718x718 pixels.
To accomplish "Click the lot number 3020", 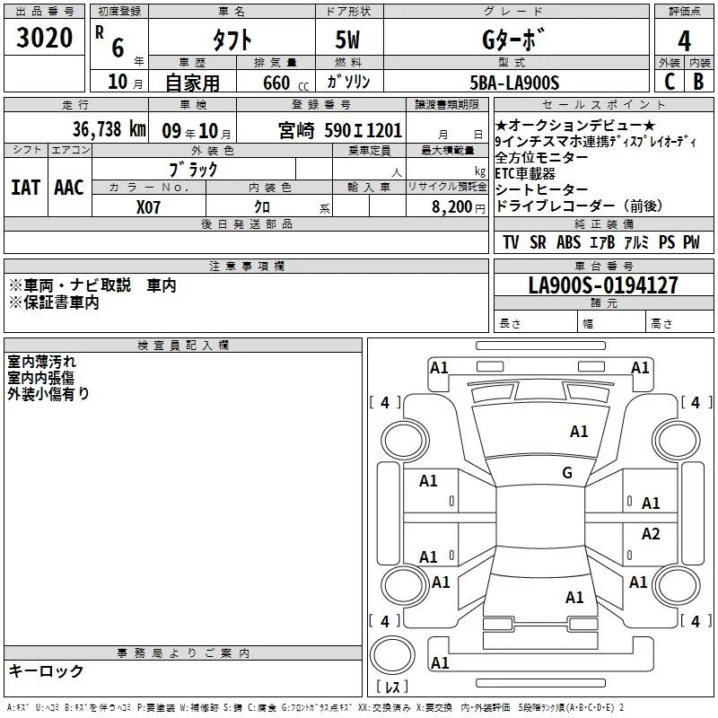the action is tap(45, 39).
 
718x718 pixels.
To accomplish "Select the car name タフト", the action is tap(231, 40).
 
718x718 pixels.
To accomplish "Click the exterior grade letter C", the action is tap(670, 83).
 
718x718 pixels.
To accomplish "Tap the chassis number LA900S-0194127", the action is tap(603, 286).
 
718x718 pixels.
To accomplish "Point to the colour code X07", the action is tap(150, 207).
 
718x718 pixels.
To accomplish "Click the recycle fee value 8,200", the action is tap(452, 207).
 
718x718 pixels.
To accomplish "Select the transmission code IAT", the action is tap(26, 188).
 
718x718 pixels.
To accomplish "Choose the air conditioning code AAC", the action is tap(69, 188).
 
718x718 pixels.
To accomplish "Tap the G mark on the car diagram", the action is tap(566, 473).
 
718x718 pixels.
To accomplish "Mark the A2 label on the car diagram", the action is tap(651, 534).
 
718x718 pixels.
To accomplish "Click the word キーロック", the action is tap(46, 670).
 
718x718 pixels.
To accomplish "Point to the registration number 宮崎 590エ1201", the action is tap(340, 130).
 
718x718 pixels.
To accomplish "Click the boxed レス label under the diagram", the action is tap(391, 687).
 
